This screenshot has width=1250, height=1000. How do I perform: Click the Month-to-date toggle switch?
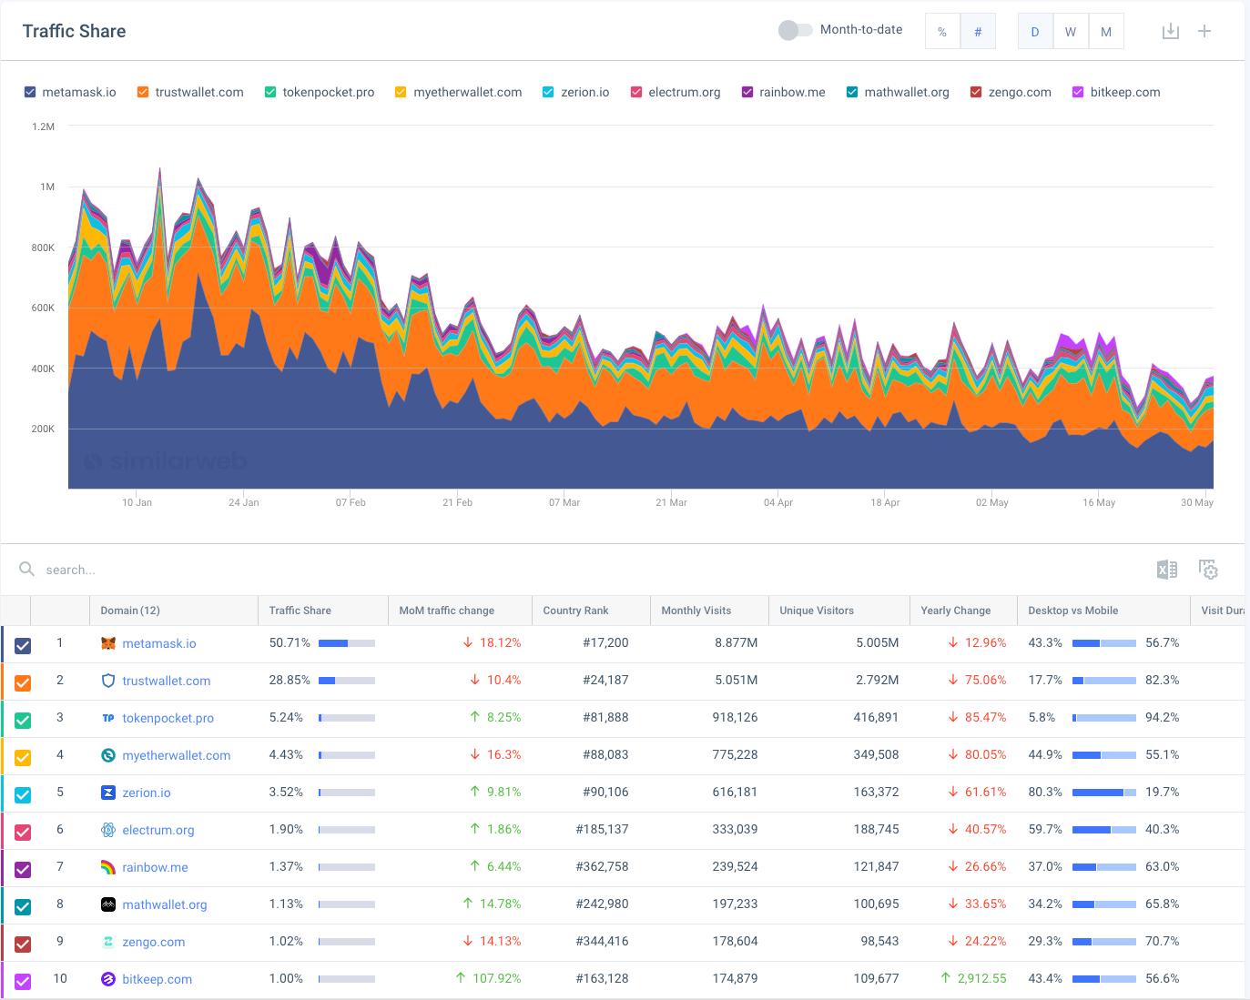pos(795,30)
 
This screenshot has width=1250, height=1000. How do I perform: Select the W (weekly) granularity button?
pos(1070,32)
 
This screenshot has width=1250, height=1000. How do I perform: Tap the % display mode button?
pos(942,32)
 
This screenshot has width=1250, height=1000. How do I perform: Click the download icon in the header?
pos(1171,32)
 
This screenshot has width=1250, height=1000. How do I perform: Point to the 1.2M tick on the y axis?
pos(44,126)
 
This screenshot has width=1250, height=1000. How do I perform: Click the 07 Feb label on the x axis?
pos(351,502)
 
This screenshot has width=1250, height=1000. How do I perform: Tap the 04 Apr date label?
pos(778,502)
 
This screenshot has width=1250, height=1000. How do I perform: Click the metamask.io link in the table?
pos(158,643)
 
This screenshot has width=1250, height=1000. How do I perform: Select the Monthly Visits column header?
pos(696,611)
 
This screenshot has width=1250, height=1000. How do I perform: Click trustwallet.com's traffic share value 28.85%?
pos(290,680)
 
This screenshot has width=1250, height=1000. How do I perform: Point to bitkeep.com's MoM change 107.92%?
pos(496,978)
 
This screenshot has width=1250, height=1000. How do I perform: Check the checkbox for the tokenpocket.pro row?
pos(23,720)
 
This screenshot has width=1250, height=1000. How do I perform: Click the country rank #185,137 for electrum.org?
pos(602,829)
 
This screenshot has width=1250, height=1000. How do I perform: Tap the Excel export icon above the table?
pos(1166,570)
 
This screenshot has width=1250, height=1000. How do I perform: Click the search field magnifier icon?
pos(27,570)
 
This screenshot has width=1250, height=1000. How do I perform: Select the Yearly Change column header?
pos(955,611)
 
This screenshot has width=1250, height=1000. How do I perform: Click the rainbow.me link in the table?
pos(155,867)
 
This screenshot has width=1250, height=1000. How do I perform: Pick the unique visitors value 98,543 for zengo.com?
pos(879,941)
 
